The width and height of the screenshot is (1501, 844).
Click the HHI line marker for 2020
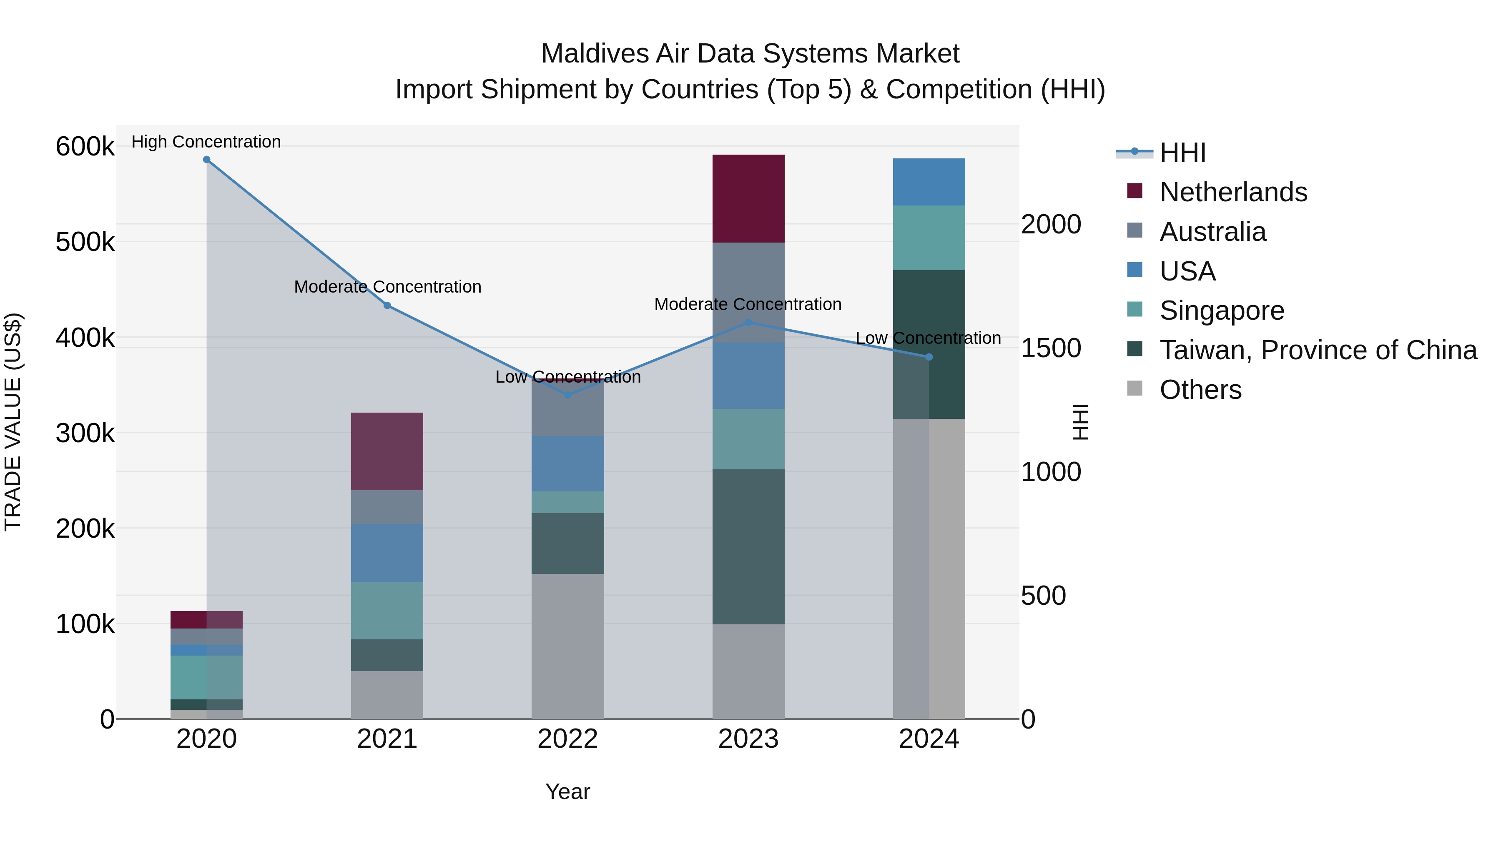coord(206,160)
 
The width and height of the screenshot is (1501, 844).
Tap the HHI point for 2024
coord(929,357)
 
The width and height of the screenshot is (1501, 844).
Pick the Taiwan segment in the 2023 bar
coord(748,546)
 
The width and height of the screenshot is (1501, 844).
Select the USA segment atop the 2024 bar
coord(929,182)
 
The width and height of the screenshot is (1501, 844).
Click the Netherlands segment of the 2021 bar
coord(387,451)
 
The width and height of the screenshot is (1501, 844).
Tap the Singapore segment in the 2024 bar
coord(929,238)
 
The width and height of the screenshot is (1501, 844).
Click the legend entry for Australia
coord(1212,232)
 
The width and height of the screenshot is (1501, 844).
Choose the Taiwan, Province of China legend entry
coord(1318,350)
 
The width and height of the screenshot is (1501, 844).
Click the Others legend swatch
coord(1135,388)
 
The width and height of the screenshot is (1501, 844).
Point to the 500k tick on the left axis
coord(85,242)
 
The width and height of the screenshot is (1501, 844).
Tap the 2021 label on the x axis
coord(387,739)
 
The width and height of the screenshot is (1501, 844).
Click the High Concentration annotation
coord(206,142)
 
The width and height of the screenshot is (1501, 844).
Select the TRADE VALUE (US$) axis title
coord(13,422)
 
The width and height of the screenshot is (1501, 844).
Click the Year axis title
coord(567,791)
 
